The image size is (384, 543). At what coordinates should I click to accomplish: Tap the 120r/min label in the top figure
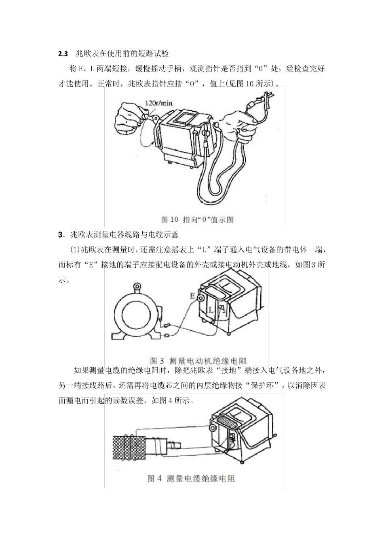coord(158,103)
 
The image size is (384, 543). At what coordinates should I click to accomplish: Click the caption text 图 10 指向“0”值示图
coord(197,219)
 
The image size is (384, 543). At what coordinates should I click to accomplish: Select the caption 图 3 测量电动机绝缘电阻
coord(198,360)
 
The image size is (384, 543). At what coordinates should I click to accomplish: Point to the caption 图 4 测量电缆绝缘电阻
coord(191,478)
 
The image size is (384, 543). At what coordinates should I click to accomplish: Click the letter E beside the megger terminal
coord(192,296)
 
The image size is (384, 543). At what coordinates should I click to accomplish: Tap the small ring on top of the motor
coord(138,287)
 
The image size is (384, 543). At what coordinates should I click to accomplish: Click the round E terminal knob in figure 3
coord(200,297)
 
